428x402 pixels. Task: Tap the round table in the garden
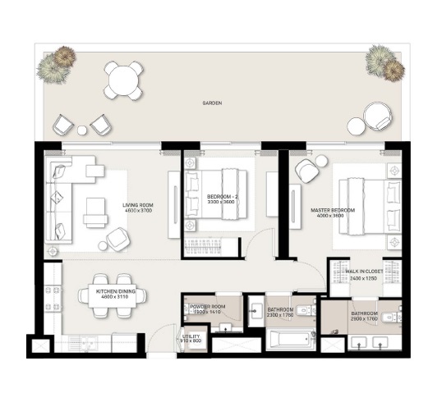tap(123, 80)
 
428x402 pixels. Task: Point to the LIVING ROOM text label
tap(139, 205)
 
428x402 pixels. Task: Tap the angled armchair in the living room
tap(117, 239)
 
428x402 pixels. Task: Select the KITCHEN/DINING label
tap(115, 292)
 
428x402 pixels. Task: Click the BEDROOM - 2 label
tap(222, 197)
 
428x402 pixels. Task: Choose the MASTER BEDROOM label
tap(333, 210)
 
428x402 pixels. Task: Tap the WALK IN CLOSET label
tap(365, 272)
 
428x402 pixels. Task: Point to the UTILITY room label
tap(191, 337)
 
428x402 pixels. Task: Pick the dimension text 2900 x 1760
tap(364, 319)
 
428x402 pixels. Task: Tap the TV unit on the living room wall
tap(173, 201)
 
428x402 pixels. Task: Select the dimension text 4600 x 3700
tap(139, 212)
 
